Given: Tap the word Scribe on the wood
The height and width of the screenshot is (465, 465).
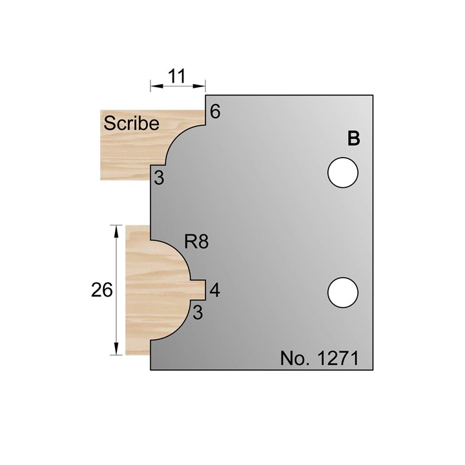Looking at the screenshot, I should (130, 123).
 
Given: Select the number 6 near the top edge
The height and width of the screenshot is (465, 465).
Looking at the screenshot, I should (215, 111).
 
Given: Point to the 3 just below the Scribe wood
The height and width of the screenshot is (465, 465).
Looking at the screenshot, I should (159, 180).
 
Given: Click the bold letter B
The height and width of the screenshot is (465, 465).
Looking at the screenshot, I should (353, 139).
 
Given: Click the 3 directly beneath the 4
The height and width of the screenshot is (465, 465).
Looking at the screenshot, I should (198, 313).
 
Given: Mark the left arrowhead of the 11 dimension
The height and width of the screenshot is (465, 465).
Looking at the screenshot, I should (154, 85).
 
